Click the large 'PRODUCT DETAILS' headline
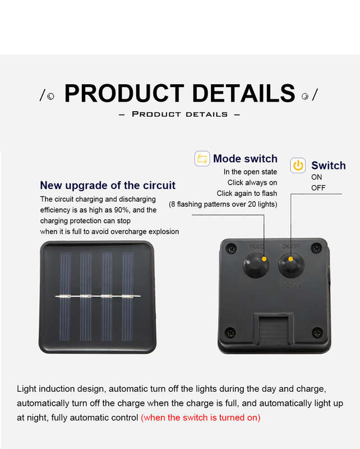point(179,93)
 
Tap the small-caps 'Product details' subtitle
point(179,114)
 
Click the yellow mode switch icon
point(202,159)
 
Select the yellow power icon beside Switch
point(298,166)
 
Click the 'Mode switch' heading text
point(245,159)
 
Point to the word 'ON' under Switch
point(316,177)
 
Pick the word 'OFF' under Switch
point(318,188)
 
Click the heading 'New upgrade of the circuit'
point(108,185)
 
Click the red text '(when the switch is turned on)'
point(201,418)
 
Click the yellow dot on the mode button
point(264,259)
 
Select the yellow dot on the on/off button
point(290,259)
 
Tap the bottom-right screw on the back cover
point(317,332)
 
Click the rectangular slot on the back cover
point(274,329)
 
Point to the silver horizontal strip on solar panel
point(98,296)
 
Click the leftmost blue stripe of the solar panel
point(65,297)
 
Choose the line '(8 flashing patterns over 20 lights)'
point(223,204)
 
